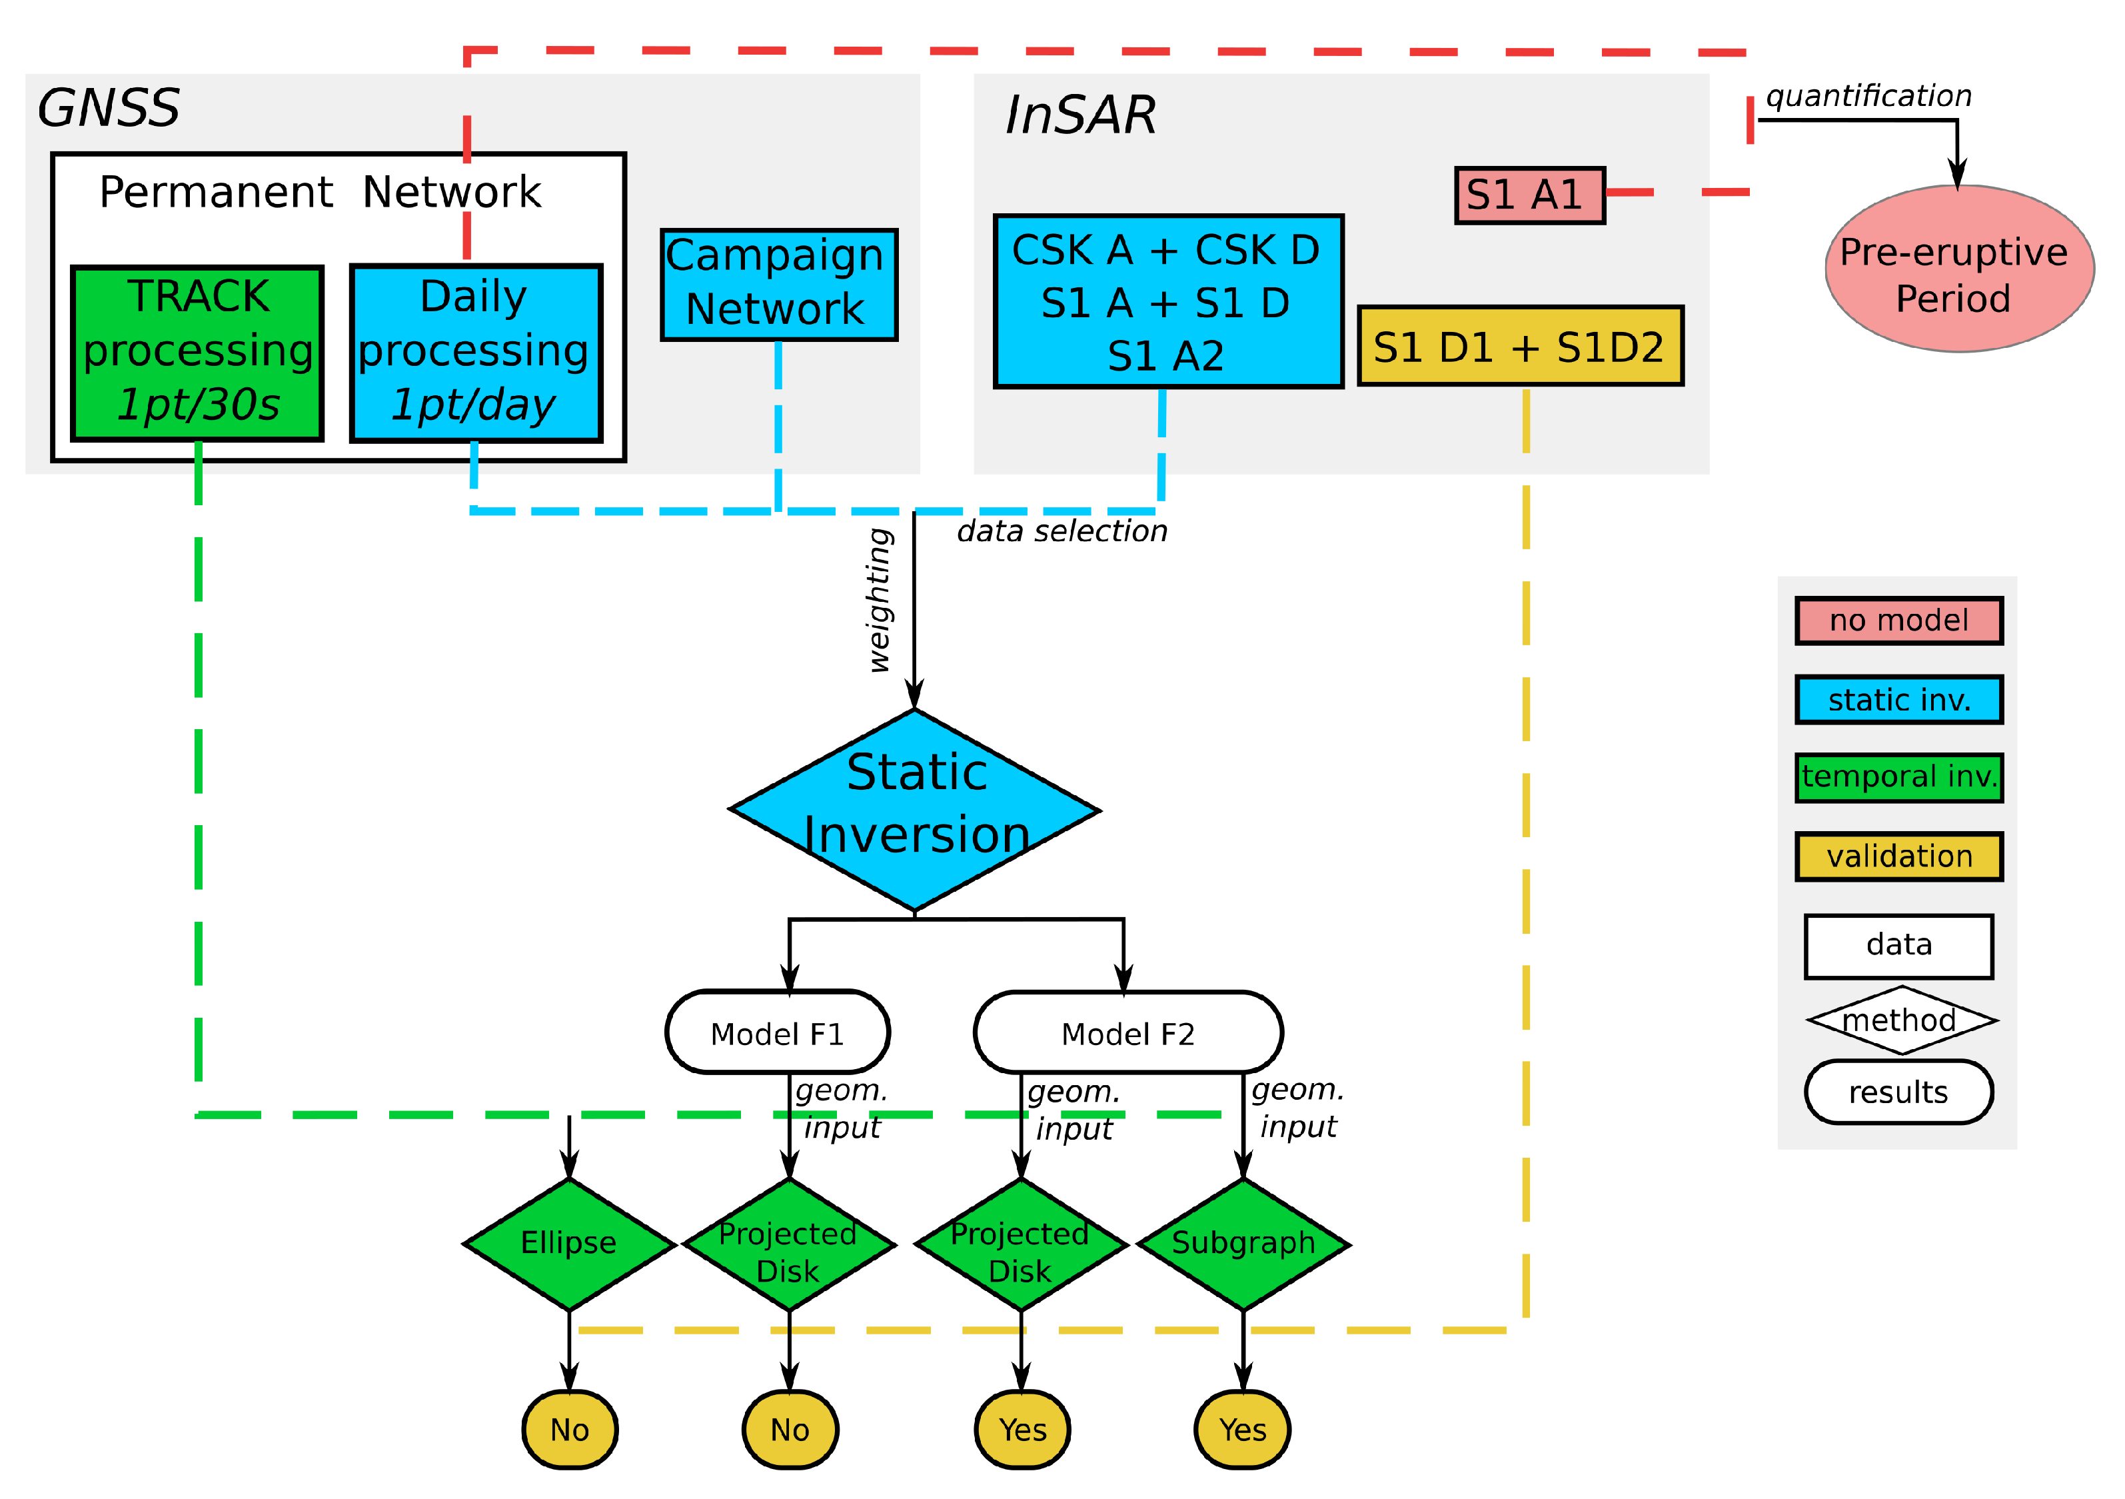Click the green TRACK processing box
click(x=197, y=353)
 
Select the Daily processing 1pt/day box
click(x=476, y=353)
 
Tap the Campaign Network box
click(x=778, y=284)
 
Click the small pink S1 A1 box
click(x=1529, y=195)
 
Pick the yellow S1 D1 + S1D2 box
click(x=1520, y=347)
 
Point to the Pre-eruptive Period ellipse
click(x=1958, y=269)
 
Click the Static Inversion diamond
click(x=914, y=810)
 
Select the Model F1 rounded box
click(x=778, y=1032)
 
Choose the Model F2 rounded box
click(x=1128, y=1032)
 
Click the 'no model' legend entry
click(x=1898, y=621)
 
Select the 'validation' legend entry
click(x=1898, y=856)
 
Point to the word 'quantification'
click(x=1868, y=96)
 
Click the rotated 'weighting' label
click(x=879, y=600)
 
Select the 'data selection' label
click(x=1062, y=531)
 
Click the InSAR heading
click(x=1080, y=116)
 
